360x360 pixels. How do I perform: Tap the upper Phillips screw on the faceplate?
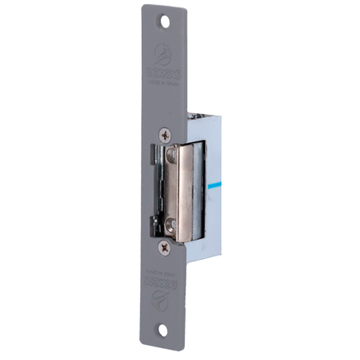165,135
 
